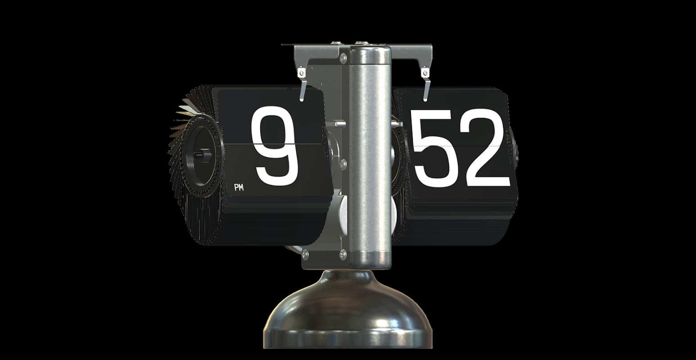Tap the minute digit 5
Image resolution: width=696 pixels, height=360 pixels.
point(435,148)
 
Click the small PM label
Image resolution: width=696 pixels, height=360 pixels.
point(239,187)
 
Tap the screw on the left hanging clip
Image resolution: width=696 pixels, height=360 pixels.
point(301,73)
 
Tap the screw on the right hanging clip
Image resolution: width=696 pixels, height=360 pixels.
point(425,73)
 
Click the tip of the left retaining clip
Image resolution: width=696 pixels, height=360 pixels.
point(301,100)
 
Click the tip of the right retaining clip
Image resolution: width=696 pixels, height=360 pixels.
point(425,100)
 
